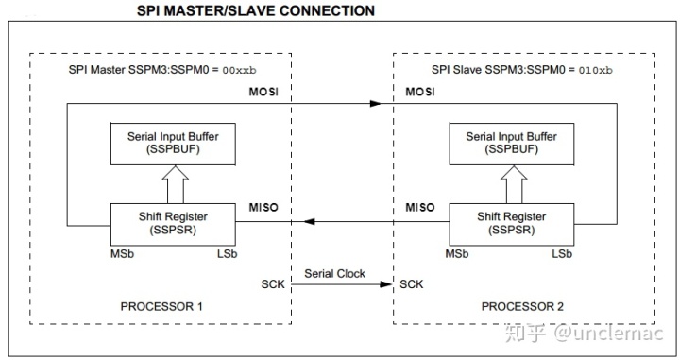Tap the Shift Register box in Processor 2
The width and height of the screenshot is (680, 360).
point(512,223)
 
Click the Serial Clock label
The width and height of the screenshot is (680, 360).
point(335,272)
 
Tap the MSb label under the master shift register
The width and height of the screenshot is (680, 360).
point(122,255)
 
